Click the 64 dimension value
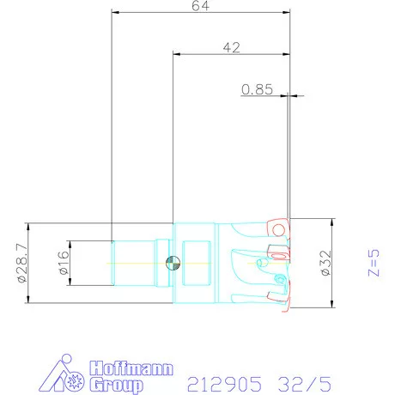200,6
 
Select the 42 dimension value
232,47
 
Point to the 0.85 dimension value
257,89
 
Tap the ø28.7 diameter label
22,263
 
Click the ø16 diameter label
64,263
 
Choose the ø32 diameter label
326,263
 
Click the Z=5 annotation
374,263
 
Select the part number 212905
224,384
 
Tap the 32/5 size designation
305,384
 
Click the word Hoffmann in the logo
131,368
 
